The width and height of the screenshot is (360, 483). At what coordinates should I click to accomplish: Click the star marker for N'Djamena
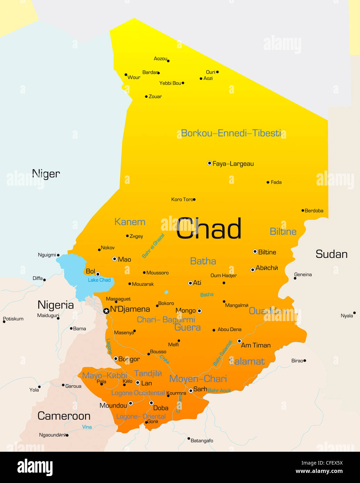[106, 311]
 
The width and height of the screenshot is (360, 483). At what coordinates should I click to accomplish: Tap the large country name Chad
[209, 229]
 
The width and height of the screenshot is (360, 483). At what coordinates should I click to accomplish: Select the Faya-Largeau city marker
[209, 163]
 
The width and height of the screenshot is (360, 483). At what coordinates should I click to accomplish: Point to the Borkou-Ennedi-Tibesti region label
[231, 133]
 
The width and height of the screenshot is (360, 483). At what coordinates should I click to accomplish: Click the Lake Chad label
[99, 280]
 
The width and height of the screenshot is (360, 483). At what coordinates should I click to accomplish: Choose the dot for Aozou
[168, 61]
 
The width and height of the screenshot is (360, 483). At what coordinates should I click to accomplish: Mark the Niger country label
[46, 173]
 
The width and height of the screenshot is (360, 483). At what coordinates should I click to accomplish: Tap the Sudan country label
[331, 254]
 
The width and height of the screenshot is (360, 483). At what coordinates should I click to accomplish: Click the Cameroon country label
[64, 416]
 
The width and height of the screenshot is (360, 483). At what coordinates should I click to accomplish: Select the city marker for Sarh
[191, 391]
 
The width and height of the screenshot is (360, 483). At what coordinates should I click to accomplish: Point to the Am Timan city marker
[239, 341]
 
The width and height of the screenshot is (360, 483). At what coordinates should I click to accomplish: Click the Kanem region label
[130, 222]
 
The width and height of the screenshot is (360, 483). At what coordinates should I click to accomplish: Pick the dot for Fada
[268, 182]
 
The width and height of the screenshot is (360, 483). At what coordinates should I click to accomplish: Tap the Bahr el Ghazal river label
[153, 246]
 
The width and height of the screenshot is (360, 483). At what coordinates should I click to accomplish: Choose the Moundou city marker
[130, 403]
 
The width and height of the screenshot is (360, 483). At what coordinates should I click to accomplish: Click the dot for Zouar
[146, 97]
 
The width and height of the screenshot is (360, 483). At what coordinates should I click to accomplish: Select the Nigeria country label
[56, 305]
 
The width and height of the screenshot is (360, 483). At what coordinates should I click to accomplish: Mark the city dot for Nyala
[354, 313]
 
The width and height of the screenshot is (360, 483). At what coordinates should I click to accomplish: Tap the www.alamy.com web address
[319, 472]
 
